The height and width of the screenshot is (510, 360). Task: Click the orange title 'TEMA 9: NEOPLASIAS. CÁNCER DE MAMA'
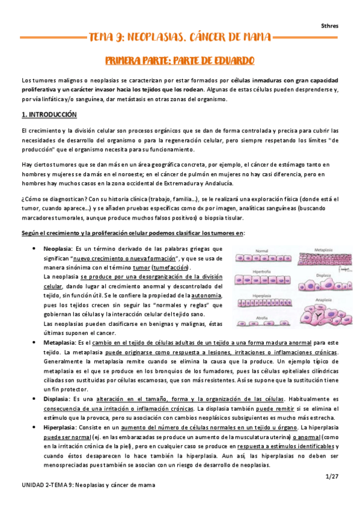(180, 37)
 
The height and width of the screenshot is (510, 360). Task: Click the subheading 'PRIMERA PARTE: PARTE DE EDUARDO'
(180, 61)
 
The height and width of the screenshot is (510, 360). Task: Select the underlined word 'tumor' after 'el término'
(142, 267)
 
